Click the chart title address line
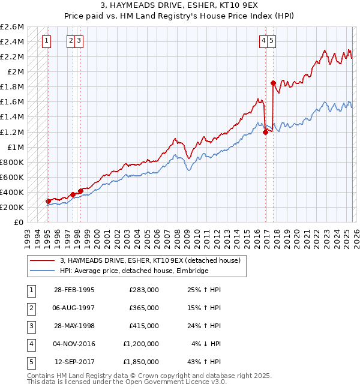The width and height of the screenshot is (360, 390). (180, 5)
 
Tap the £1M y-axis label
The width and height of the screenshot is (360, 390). (14, 147)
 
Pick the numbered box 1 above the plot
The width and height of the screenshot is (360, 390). (47, 41)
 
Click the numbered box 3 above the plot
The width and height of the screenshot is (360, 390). (79, 41)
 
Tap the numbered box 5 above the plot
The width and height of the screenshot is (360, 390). (272, 41)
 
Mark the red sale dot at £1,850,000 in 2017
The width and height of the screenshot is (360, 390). (273, 83)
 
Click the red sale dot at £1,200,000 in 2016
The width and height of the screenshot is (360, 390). (265, 132)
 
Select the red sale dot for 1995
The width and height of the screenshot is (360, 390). (48, 201)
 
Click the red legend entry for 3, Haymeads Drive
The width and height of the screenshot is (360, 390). (150, 260)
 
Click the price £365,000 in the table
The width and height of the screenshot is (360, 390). (143, 308)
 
